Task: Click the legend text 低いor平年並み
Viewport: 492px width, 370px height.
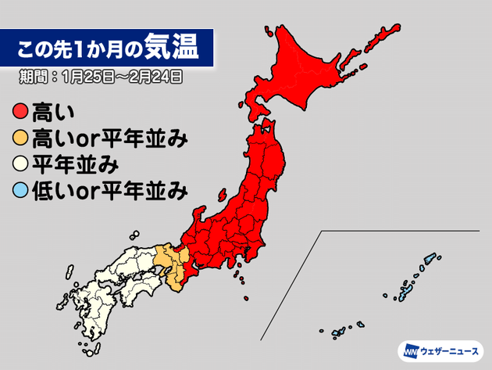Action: click(x=109, y=189)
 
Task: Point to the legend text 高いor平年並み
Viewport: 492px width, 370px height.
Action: click(x=109, y=139)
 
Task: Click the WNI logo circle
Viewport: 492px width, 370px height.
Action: click(x=410, y=350)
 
